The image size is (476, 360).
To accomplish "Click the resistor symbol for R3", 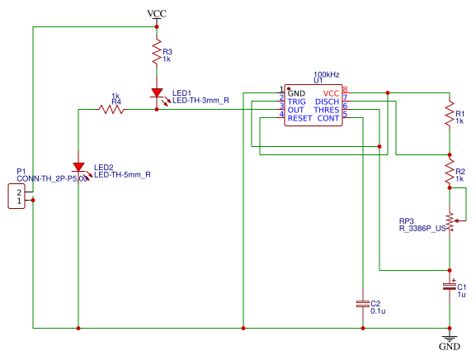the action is [157, 52].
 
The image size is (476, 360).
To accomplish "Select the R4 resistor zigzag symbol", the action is [111, 109].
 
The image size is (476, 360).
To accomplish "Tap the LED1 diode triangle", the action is [157, 93].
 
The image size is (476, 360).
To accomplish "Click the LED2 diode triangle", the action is [78, 167].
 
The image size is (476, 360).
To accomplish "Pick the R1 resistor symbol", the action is [450, 114].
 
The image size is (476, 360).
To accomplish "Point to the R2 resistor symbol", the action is [450, 172].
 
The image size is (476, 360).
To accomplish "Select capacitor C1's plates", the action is [450, 287].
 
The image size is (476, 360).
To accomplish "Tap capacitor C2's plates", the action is [363, 304].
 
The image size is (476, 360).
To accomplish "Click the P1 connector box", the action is [16, 197].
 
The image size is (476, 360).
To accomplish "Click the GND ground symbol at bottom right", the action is [450, 339].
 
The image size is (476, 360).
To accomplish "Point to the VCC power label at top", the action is [157, 14].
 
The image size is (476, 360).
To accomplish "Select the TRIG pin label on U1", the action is [297, 102].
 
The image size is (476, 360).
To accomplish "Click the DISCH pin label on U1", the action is [327, 102].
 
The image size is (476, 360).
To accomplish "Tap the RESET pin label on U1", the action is [299, 118].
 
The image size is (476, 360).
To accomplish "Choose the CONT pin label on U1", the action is [328, 118].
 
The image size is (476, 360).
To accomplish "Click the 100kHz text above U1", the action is [327, 74].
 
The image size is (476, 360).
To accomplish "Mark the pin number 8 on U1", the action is [345, 90].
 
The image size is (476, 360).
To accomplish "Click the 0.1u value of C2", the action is [378, 311].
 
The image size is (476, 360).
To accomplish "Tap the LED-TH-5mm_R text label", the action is [122, 175].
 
